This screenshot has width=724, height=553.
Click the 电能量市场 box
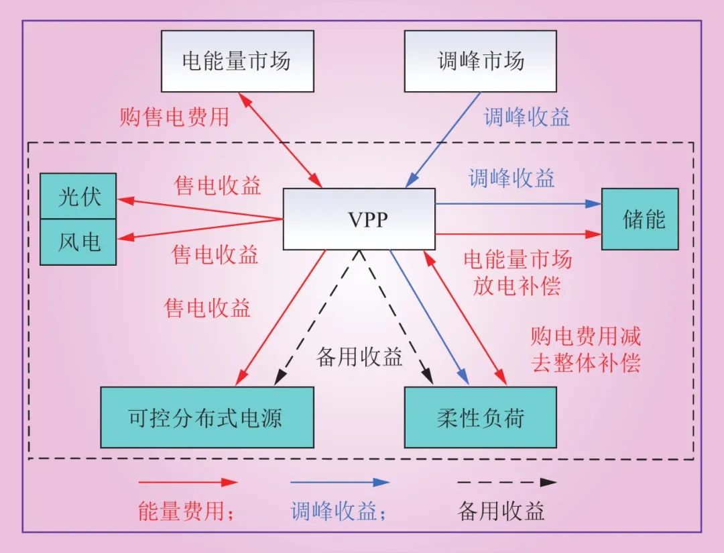[x=237, y=61]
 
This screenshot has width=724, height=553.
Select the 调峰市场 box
[x=480, y=61]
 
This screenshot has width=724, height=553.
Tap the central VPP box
[x=359, y=219]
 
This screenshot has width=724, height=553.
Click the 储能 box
[x=640, y=219]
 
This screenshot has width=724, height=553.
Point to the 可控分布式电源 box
[x=206, y=417]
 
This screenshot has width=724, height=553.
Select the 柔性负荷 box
[x=480, y=417]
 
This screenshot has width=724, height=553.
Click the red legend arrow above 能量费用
[x=188, y=482]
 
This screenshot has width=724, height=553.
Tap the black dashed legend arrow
[x=507, y=482]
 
